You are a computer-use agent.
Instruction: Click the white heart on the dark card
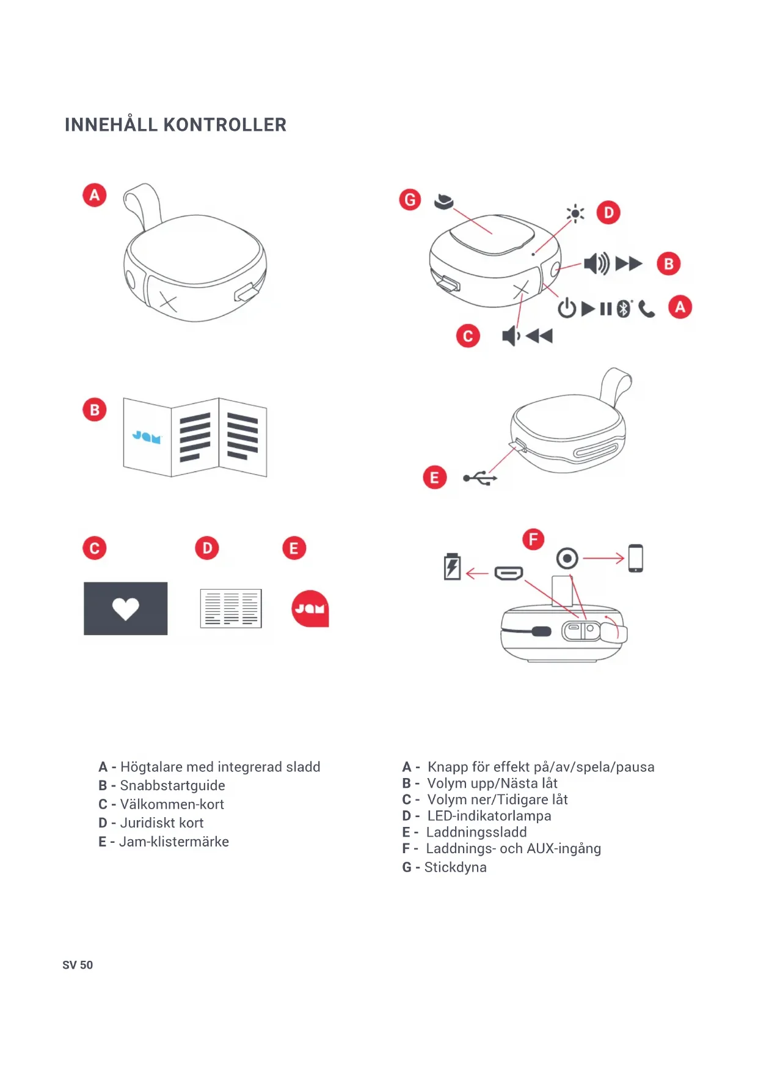(x=126, y=608)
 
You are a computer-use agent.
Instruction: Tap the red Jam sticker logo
(x=310, y=609)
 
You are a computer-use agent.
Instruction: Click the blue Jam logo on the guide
(x=147, y=436)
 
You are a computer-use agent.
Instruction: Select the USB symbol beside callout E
(x=480, y=478)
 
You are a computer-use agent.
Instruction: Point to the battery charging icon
(x=452, y=566)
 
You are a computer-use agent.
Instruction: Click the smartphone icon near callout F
(x=635, y=558)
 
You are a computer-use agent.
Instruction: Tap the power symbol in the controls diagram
(x=567, y=309)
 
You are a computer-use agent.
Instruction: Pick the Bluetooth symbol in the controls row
(x=623, y=309)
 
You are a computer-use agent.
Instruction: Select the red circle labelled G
(x=410, y=200)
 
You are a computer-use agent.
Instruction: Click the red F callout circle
(x=533, y=539)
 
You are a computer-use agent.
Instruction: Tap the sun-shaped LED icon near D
(x=575, y=213)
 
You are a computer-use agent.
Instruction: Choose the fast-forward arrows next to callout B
(x=629, y=263)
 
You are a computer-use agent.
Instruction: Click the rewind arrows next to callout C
(x=539, y=336)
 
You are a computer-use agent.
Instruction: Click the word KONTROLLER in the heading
(x=225, y=125)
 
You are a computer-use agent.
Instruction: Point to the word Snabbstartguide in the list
(x=172, y=785)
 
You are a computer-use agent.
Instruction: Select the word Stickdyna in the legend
(x=455, y=867)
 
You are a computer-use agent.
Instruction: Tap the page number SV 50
(x=78, y=965)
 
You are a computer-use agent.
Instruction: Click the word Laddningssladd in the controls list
(x=476, y=832)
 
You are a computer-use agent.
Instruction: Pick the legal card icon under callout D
(x=231, y=609)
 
